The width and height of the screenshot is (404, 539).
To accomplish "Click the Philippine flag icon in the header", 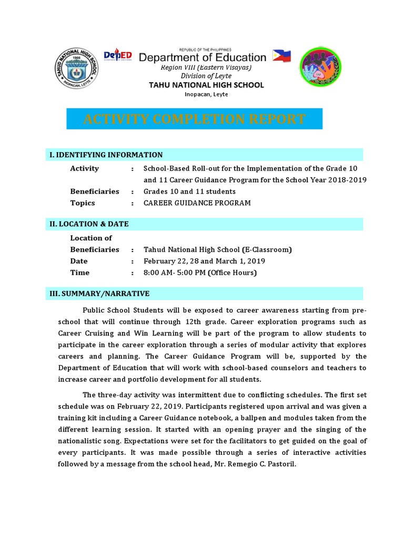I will [x=282, y=57].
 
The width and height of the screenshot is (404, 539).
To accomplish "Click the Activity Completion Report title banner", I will [x=194, y=119].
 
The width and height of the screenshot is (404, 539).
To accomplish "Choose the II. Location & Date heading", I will [x=89, y=224].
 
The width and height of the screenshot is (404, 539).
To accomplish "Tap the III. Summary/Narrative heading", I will [x=99, y=294].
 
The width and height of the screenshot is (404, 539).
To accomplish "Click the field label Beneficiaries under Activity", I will [x=95, y=192].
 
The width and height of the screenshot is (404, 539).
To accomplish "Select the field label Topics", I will [x=83, y=203].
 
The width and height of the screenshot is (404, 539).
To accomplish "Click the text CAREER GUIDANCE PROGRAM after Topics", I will [x=197, y=203].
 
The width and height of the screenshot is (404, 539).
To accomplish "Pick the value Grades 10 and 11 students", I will [x=189, y=192].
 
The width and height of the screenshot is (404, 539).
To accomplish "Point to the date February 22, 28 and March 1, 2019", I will [x=204, y=261].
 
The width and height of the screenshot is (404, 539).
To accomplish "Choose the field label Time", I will [x=80, y=273].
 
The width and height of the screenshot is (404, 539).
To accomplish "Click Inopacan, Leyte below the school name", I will [x=206, y=94].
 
